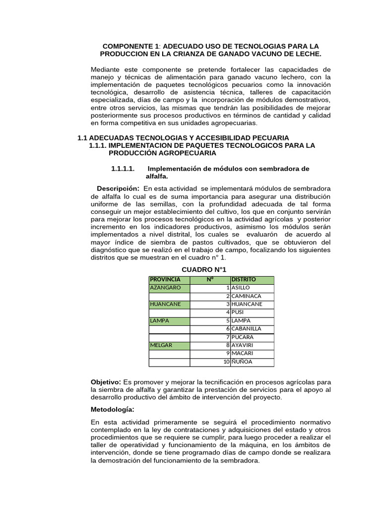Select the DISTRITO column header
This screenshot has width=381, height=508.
coord(252,280)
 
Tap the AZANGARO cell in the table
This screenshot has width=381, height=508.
coord(169,288)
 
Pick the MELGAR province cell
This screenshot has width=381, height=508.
coord(169,345)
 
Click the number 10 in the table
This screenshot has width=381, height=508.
coord(226,362)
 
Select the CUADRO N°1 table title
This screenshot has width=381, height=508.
coord(204,269)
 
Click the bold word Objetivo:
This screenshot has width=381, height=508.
coord(106,382)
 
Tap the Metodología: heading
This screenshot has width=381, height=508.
coord(113,409)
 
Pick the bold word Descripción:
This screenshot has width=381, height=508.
coord(118,189)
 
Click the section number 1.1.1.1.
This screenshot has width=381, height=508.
coord(123,169)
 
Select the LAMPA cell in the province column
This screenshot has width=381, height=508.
coord(169,320)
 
